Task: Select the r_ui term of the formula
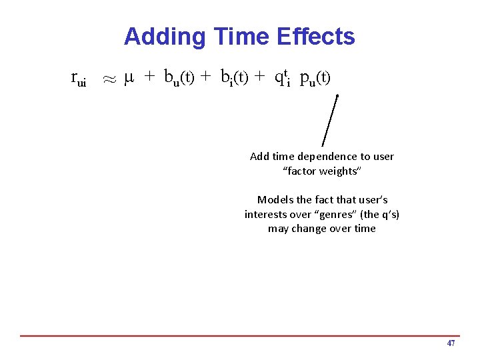point(79,79)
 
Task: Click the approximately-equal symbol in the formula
point(109,79)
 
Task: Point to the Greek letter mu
point(130,79)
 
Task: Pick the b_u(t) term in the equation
point(179,79)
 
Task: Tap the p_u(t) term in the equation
point(315,79)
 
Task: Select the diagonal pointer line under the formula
point(330,121)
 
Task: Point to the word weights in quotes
point(339,171)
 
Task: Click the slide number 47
point(451,343)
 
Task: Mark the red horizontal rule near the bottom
point(240,335)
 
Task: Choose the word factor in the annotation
point(301,171)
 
